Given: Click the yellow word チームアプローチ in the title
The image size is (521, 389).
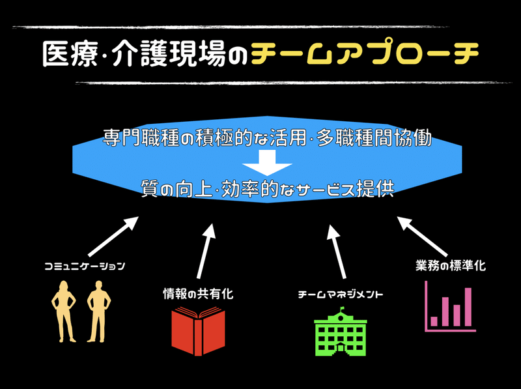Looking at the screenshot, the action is pos(365,53).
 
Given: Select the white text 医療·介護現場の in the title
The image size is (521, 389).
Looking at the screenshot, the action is pos(145,54).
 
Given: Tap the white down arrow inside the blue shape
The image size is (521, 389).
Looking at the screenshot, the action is pos(267,163).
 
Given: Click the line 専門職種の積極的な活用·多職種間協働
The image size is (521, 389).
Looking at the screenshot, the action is pos(267,137).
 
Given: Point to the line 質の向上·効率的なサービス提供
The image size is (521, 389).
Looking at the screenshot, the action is pos(268,189).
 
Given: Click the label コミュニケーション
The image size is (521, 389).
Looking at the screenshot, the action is pos(85,266).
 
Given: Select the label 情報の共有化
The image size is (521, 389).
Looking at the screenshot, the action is pos(198,294).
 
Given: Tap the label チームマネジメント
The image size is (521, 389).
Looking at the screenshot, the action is pos(341,295).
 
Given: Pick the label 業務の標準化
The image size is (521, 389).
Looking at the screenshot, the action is pos(451,266).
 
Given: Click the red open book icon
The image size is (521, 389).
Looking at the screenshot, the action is pos(199,331).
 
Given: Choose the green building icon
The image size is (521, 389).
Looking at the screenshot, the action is pos(341,332).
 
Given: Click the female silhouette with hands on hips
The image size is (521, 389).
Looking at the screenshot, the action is pos(63,311).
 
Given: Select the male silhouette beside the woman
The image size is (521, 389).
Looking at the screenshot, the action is pos(99,311).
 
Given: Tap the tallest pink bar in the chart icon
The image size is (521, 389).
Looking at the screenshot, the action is pos(468,307).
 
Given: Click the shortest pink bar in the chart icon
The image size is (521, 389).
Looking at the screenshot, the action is pos(434,321).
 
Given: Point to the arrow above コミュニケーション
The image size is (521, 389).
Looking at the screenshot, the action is pos(113,237).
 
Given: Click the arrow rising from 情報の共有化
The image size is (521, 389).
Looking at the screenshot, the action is pos(206,251).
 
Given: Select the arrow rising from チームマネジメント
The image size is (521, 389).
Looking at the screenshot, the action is pos(336,252).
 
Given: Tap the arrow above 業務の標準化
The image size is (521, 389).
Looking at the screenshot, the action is pos(422,237).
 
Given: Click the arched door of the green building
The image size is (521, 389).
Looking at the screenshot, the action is pos(341,349).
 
